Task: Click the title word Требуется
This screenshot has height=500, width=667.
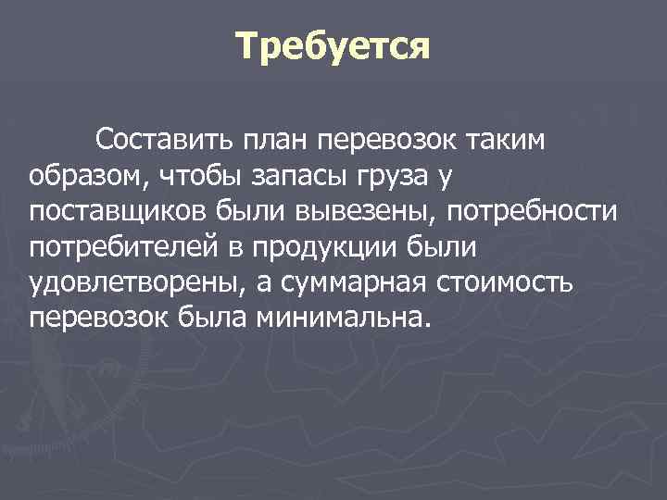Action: [x=333, y=46]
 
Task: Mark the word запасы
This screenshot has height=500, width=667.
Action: [x=290, y=176]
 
